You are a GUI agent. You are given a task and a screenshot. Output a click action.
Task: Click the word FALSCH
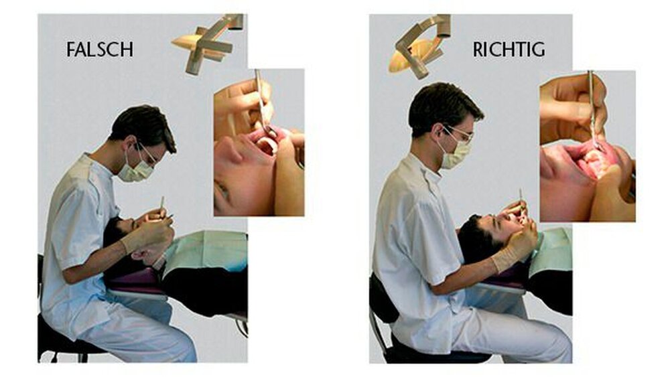[x=100, y=50]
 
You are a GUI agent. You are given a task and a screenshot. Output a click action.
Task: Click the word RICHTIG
[x=509, y=50]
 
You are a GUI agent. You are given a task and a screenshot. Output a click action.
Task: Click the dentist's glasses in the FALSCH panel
[x=148, y=154]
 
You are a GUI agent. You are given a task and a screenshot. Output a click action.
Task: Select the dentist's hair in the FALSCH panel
[x=143, y=125]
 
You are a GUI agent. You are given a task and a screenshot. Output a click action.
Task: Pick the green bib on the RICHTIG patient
[x=551, y=252]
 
